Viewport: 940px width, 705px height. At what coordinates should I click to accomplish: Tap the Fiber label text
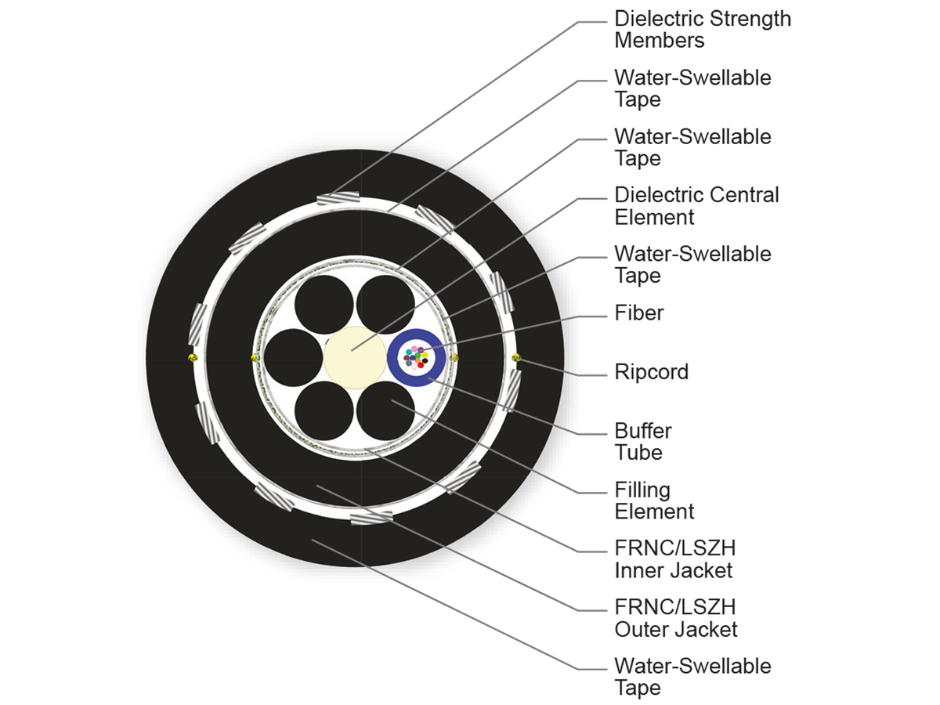(x=638, y=313)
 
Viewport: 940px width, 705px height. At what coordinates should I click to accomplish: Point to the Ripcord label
(x=651, y=371)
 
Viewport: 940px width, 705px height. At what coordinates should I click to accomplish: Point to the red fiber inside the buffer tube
(x=421, y=365)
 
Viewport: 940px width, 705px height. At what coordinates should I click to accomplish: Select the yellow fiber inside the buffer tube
(x=425, y=355)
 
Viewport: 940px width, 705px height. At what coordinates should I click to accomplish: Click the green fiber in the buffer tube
(x=418, y=355)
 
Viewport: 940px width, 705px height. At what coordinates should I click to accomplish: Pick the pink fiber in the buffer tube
(x=414, y=349)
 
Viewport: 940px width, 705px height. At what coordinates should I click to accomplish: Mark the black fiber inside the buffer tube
(x=425, y=360)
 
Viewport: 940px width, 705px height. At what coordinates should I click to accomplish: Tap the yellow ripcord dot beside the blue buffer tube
(x=455, y=358)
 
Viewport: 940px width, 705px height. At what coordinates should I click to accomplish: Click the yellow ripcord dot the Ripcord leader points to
(x=515, y=358)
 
